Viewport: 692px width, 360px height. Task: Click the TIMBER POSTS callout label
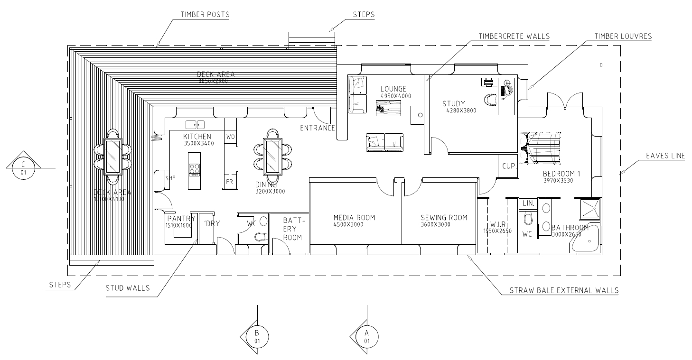point(205,14)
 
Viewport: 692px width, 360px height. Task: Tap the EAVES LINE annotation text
point(665,155)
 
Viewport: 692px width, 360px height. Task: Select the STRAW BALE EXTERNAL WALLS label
point(564,290)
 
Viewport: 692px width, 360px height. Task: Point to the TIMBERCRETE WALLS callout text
point(514,36)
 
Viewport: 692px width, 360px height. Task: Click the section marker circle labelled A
point(367,337)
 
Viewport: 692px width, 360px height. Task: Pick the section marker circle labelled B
point(257,337)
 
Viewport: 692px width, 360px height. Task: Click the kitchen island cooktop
point(195,169)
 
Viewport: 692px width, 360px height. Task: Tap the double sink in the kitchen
point(195,125)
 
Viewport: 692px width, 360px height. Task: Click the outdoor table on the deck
point(113,157)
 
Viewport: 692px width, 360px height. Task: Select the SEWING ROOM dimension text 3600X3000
point(436,224)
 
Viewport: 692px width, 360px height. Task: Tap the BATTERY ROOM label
point(292,229)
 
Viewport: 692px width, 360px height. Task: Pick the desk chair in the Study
point(490,99)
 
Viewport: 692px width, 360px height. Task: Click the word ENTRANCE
point(318,128)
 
